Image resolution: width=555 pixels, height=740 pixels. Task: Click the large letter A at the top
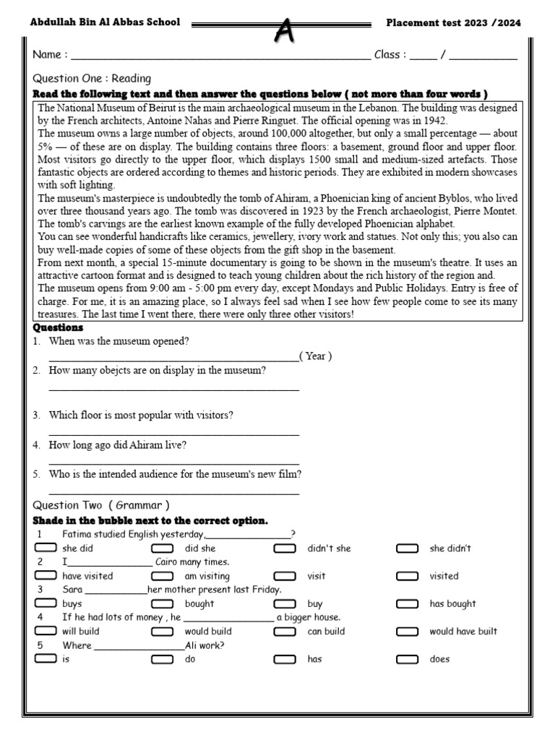[286, 30]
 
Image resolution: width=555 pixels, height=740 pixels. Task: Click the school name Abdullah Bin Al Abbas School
[105, 22]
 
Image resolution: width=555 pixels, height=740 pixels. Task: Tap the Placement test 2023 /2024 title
[453, 22]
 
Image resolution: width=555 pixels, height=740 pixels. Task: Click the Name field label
[50, 55]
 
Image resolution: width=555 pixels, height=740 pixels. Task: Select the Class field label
[390, 55]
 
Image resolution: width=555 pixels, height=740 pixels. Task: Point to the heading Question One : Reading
[92, 78]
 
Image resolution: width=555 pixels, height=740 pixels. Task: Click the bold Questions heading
[58, 328]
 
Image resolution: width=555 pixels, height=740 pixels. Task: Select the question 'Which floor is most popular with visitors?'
[141, 416]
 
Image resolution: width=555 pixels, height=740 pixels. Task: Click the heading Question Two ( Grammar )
[101, 505]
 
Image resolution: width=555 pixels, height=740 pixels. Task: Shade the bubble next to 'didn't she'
[285, 548]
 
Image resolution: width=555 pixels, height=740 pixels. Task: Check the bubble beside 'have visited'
[46, 576]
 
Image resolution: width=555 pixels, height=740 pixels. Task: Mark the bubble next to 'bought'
[163, 603]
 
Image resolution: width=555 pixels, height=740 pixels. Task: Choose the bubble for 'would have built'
[407, 631]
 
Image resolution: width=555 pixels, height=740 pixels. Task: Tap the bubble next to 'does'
[407, 658]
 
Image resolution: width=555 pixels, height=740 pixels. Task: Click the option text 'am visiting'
[207, 576]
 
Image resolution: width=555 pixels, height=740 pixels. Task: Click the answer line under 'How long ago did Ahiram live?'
[173, 463]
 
